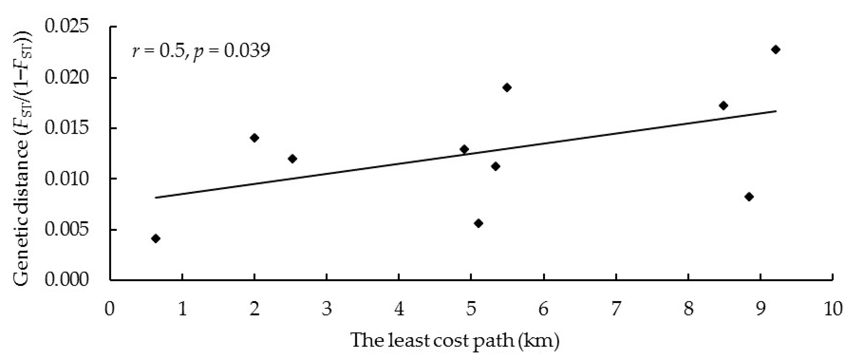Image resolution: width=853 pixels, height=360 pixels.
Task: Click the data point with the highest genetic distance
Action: (x=775, y=50)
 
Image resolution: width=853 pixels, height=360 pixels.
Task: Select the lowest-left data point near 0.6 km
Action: (x=156, y=239)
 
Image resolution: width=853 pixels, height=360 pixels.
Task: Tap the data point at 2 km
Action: (x=254, y=138)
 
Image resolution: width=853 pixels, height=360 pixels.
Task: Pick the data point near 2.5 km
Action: (x=292, y=159)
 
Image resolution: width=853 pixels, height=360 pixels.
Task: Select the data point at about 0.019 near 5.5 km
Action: (x=507, y=88)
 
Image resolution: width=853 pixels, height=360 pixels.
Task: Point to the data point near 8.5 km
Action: (x=723, y=106)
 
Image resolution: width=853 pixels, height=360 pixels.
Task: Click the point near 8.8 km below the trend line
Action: (x=749, y=197)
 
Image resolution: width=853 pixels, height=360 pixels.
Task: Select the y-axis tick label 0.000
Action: (x=67, y=280)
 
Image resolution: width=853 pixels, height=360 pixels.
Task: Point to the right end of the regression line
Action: (x=776, y=111)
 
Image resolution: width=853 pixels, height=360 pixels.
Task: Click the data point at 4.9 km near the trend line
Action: (x=464, y=149)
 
